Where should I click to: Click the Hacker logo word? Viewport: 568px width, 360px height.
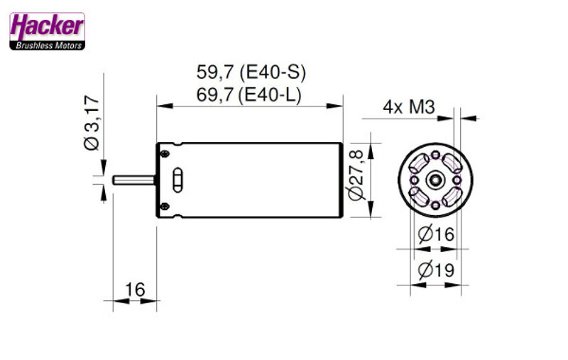(x=47, y=26)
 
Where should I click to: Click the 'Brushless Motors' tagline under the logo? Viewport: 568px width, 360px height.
(x=47, y=45)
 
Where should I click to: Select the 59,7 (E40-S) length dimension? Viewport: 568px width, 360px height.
(x=251, y=72)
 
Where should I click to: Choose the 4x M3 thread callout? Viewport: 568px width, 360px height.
(x=408, y=107)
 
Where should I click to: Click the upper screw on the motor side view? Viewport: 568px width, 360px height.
(x=165, y=153)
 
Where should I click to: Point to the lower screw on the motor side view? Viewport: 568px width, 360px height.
(x=165, y=206)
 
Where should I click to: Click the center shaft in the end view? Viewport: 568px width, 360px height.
(x=433, y=180)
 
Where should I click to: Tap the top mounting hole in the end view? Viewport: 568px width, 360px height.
(x=433, y=156)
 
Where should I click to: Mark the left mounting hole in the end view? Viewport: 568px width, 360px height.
(x=413, y=180)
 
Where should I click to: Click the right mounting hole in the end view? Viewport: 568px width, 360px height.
(x=454, y=180)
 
